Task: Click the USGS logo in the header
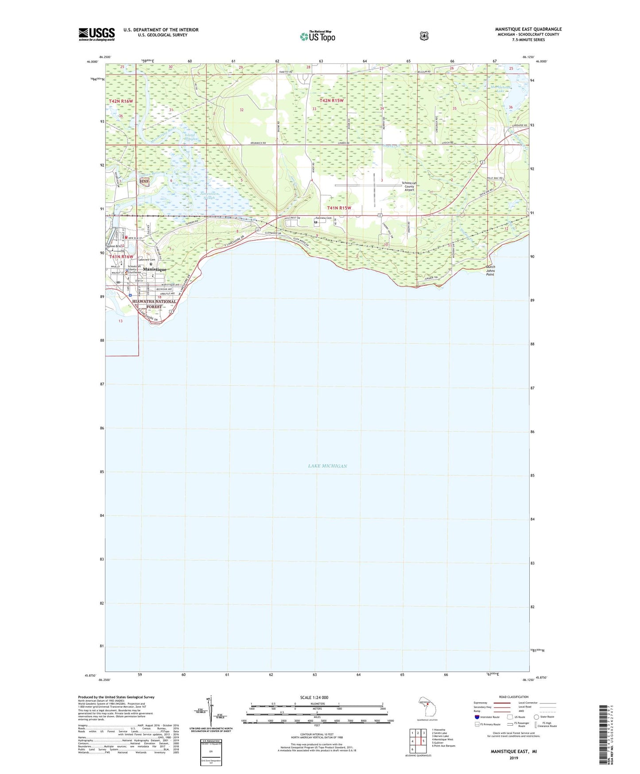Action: click(97, 34)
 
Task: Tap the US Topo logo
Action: click(317, 36)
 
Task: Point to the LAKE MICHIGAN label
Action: click(327, 466)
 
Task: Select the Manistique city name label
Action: click(155, 270)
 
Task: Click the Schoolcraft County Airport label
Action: click(408, 187)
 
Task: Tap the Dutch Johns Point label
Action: click(490, 270)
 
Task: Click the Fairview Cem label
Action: click(323, 218)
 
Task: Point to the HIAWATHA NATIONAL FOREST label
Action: click(154, 304)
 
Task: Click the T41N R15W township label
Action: click(339, 208)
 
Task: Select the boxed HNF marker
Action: click(144, 181)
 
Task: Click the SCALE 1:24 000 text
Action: click(314, 697)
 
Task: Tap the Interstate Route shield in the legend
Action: click(477, 717)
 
